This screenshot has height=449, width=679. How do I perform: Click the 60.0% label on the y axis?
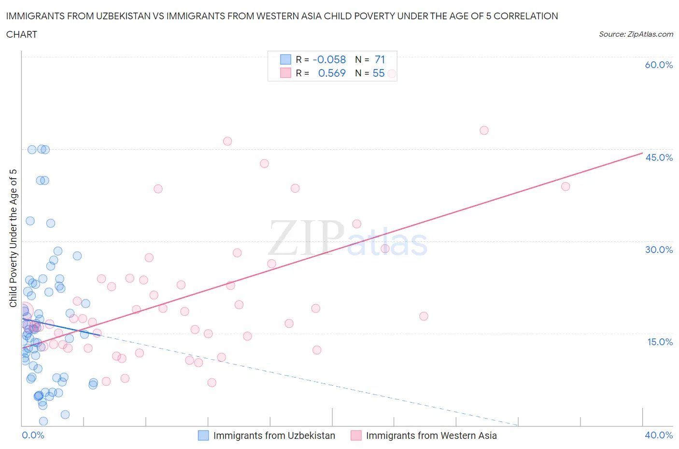(659, 65)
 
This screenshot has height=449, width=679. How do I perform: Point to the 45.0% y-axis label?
(659, 157)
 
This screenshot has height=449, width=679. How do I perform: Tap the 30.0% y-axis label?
(659, 250)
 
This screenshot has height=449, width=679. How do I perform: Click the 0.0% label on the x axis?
(33, 435)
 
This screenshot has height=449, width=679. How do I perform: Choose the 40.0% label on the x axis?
(659, 435)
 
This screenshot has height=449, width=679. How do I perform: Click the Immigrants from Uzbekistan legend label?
(274, 435)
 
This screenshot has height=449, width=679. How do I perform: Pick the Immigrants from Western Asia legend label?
(431, 435)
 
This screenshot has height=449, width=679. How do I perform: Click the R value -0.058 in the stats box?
(329, 59)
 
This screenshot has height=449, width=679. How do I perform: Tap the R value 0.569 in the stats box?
(332, 73)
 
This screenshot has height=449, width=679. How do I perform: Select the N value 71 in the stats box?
(380, 59)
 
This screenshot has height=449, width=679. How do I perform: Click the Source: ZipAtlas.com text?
(636, 34)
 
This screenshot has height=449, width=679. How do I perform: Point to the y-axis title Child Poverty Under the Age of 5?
(13, 238)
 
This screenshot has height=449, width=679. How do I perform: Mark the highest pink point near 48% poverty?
(484, 130)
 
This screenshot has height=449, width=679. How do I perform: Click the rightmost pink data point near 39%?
(566, 186)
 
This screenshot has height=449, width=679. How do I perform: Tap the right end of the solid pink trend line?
(642, 153)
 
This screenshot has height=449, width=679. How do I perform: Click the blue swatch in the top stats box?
(285, 59)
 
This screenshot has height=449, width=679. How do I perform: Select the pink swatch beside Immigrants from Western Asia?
(356, 435)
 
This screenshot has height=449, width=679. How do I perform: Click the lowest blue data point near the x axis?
(43, 421)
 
